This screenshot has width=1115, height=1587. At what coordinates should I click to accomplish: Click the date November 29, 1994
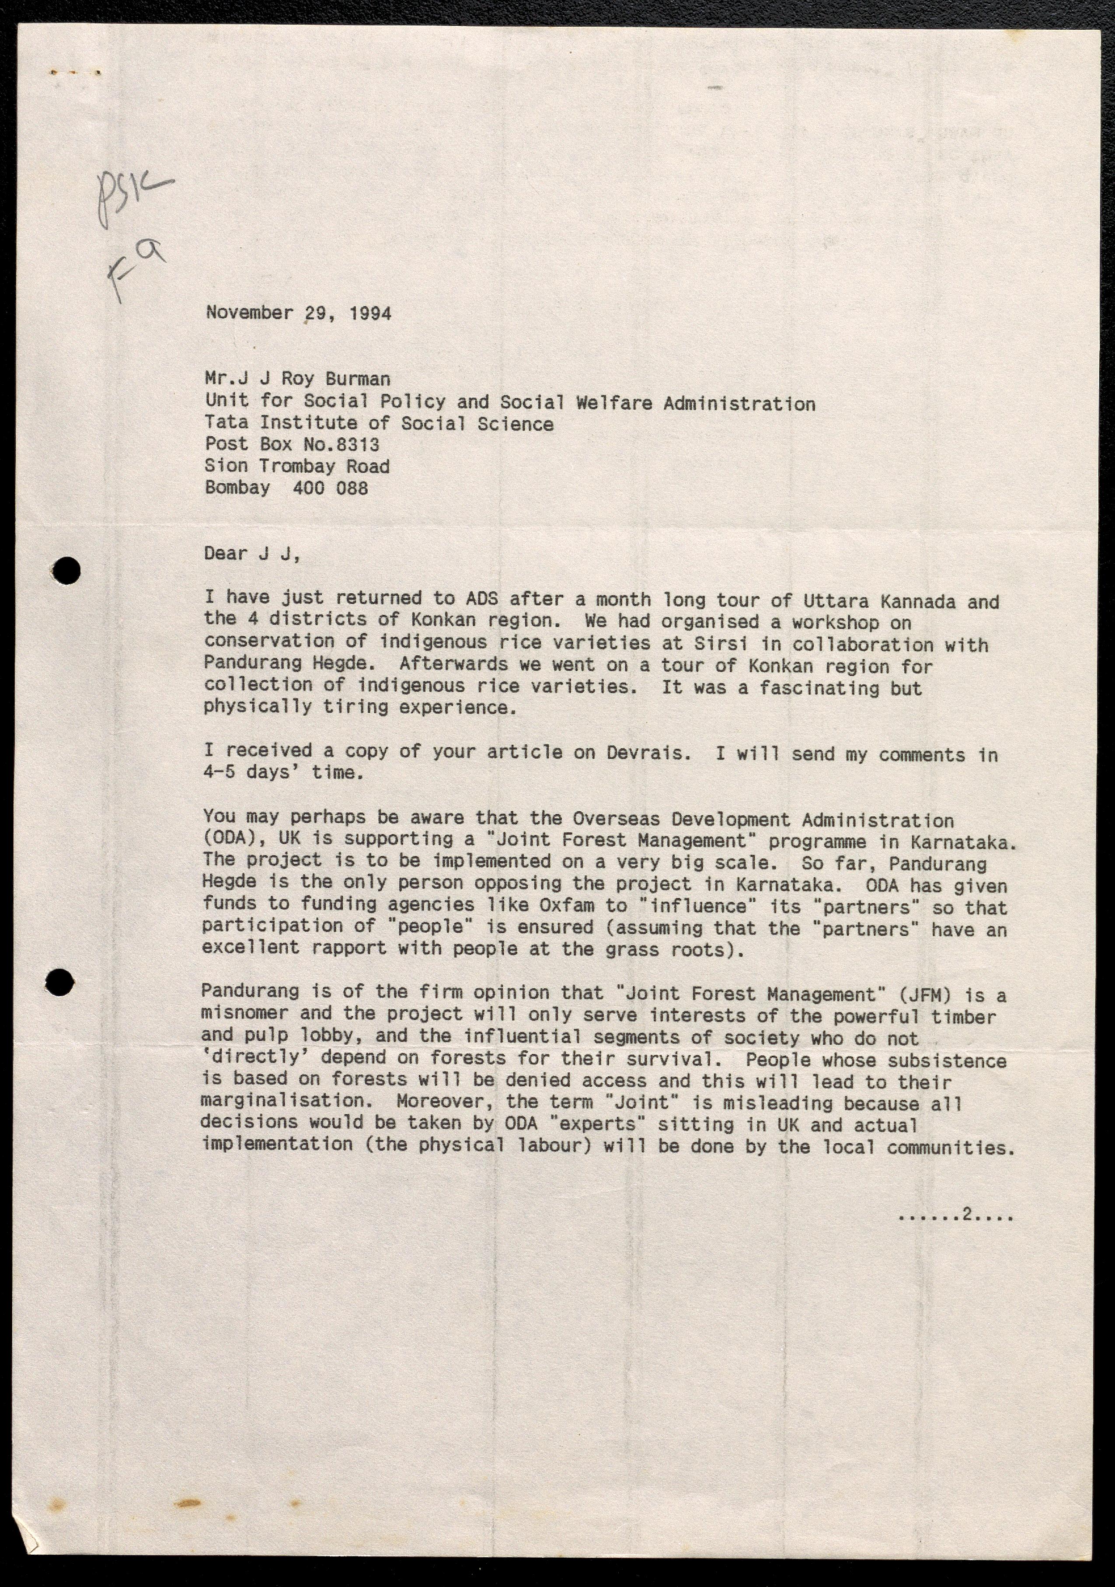(299, 313)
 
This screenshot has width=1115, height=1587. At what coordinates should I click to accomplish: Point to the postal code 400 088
(331, 488)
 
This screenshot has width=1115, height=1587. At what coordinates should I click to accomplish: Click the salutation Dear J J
(251, 554)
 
